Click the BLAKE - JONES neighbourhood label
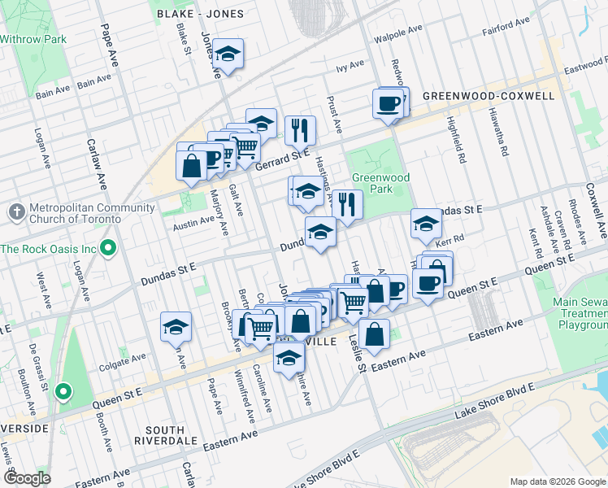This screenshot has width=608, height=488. click(195, 15)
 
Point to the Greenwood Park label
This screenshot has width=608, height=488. click(380, 183)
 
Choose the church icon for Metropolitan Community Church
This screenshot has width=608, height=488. click(16, 212)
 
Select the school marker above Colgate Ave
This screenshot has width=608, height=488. click(176, 327)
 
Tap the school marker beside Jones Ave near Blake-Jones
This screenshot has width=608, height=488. click(229, 54)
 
